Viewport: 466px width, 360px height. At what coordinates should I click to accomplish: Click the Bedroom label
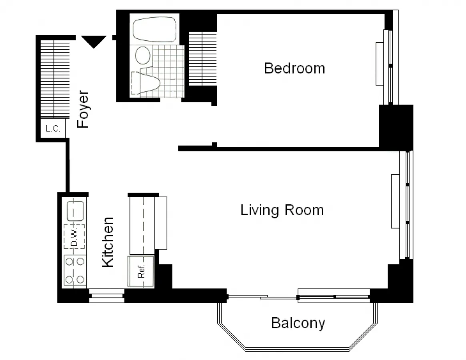(x=294, y=68)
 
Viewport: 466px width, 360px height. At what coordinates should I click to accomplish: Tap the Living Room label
(x=282, y=210)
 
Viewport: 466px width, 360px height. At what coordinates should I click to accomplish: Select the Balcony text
(x=298, y=323)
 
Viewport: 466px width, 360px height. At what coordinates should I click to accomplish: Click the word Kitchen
(x=108, y=242)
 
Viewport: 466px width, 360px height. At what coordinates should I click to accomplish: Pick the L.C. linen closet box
(x=53, y=129)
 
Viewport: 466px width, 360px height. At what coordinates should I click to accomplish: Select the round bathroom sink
(x=143, y=56)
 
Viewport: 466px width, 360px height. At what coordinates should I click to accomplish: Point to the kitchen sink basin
(x=75, y=211)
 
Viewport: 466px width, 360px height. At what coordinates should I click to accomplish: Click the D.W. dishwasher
(x=74, y=236)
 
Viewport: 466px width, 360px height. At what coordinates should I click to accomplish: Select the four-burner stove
(x=75, y=270)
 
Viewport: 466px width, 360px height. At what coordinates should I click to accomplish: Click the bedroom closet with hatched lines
(x=202, y=58)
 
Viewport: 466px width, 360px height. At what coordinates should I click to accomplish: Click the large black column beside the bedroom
(x=396, y=126)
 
